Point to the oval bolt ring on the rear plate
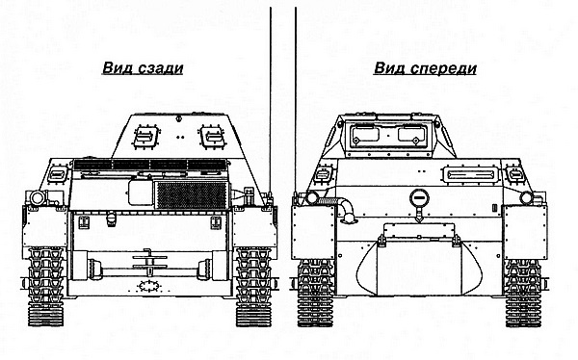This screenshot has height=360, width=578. click(x=147, y=287)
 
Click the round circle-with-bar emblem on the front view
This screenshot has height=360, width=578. click(x=417, y=198)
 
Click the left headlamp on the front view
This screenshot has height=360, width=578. click(x=310, y=197)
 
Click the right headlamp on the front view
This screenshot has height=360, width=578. click(x=526, y=197)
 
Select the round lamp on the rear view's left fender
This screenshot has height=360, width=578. click(x=36, y=196)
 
